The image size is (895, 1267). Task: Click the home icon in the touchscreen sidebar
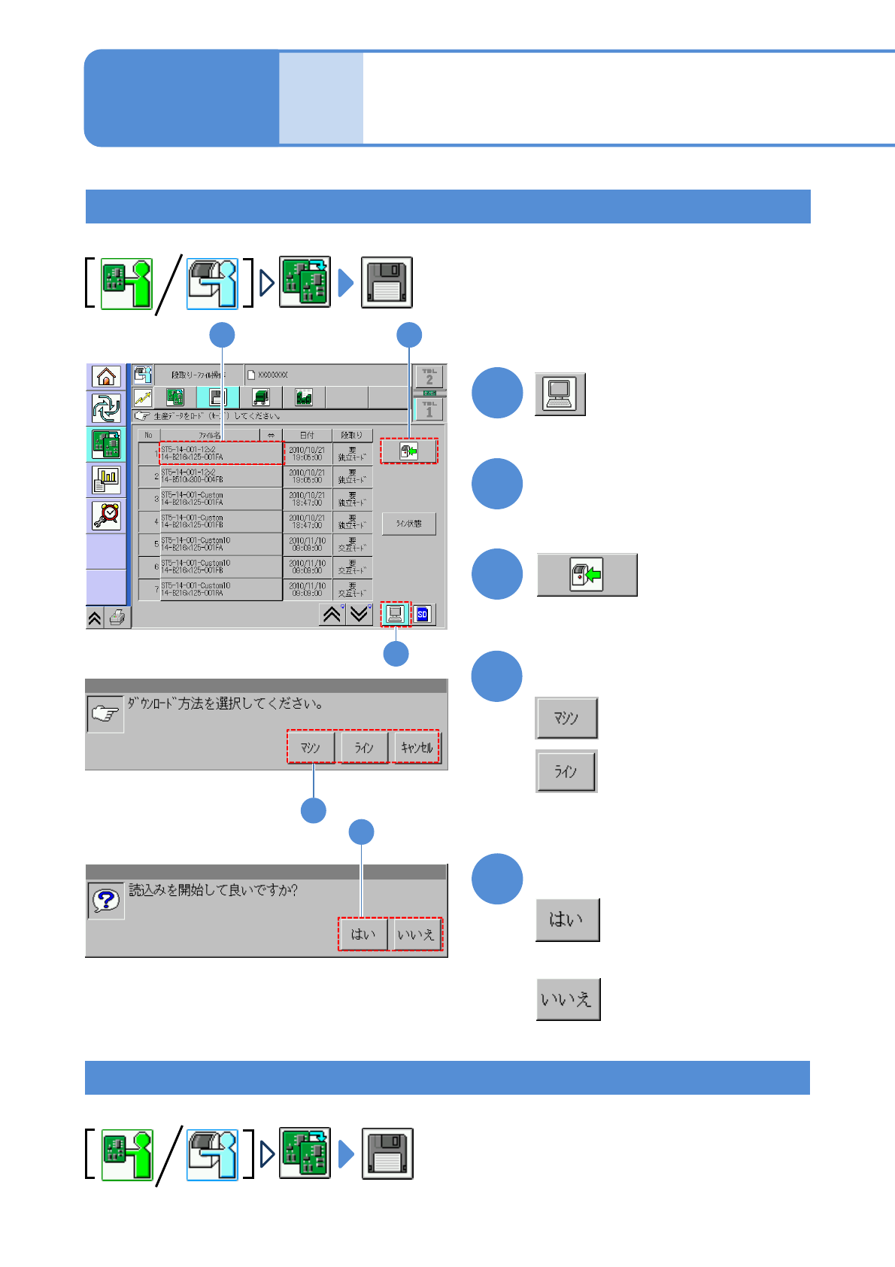pos(106,376)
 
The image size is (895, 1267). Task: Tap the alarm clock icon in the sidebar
pos(106,515)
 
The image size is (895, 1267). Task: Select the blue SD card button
pos(423,615)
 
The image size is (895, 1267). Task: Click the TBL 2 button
pos(429,376)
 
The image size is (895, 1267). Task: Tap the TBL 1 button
pos(429,409)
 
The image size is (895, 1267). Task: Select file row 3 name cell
pos(220,499)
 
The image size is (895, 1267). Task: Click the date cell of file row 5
pos(307,544)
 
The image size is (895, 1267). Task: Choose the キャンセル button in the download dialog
pos(416,748)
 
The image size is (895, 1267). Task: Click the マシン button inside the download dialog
pos(311,748)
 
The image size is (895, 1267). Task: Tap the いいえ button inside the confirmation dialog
pos(416,934)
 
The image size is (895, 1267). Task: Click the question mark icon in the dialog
pos(106,900)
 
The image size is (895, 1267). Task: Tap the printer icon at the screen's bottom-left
pos(117,618)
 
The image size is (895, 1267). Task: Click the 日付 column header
pos(307,435)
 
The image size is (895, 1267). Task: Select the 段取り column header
pos(352,435)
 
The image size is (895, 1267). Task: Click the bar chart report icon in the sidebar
pos(106,479)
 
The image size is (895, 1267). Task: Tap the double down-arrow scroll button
pos(360,615)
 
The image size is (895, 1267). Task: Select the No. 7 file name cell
pos(220,589)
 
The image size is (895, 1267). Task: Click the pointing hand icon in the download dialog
pos(105,714)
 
